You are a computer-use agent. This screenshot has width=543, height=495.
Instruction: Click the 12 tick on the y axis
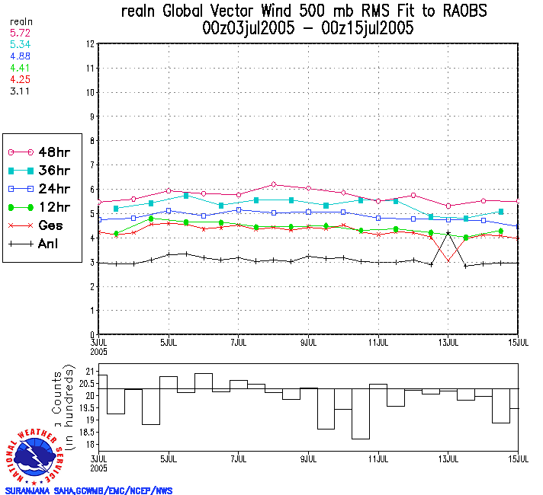click(90, 44)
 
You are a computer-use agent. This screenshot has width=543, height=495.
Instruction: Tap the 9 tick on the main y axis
click(91, 117)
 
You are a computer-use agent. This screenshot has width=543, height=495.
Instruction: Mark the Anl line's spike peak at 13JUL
click(448, 232)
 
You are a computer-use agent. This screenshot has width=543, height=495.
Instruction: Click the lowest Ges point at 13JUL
click(448, 260)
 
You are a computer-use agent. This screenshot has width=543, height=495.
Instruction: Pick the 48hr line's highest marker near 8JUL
click(273, 184)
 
